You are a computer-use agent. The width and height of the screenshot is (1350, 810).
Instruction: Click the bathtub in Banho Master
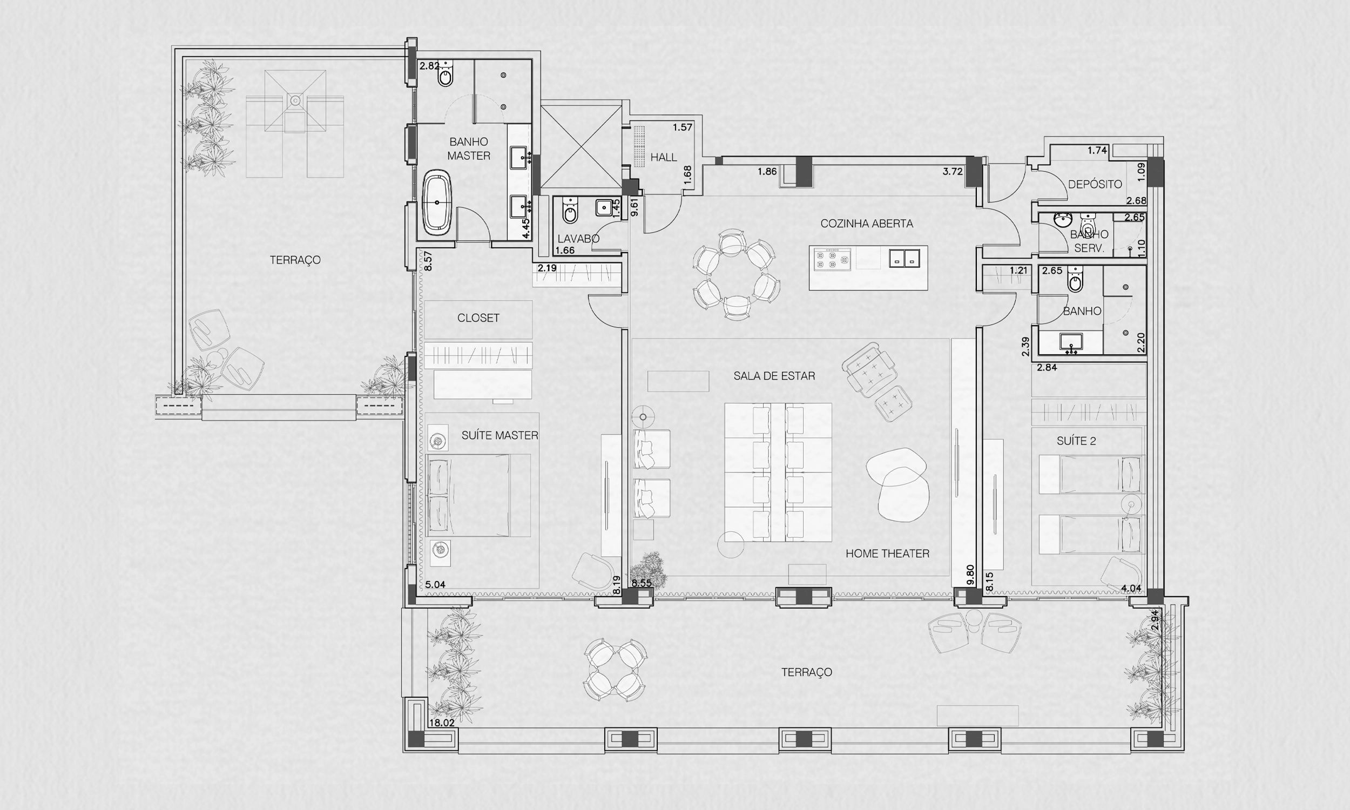[x=437, y=202]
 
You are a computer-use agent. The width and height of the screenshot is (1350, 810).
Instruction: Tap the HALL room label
[x=664, y=157]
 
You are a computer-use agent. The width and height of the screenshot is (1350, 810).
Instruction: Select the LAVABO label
[x=578, y=239]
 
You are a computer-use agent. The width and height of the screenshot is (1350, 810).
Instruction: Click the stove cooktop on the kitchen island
[x=832, y=259]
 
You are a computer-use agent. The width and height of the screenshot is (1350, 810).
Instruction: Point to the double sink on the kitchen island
[x=904, y=258]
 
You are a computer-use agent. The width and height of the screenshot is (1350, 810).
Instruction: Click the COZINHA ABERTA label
[x=867, y=223]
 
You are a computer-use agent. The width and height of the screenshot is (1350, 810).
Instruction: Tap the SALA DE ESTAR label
[x=774, y=375]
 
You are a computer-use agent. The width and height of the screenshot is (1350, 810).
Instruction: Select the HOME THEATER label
[x=887, y=553]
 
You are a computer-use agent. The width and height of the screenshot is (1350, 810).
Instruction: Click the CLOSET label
[x=478, y=318]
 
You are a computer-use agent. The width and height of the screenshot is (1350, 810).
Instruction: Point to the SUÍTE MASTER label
[x=500, y=435]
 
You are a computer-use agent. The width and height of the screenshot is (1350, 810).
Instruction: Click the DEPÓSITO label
[x=1095, y=184]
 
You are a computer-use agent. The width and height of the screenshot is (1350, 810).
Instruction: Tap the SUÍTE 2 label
[x=1076, y=441]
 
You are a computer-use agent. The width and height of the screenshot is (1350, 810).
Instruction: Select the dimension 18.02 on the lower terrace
[x=442, y=723]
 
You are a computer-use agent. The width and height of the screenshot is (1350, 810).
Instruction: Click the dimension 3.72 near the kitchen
[x=953, y=171]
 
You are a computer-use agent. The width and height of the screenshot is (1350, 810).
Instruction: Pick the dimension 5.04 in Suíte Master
[x=435, y=585]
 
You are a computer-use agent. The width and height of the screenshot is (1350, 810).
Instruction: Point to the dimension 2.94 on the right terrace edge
[x=1155, y=620]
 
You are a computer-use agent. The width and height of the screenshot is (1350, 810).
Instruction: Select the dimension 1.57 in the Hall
[x=682, y=128]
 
